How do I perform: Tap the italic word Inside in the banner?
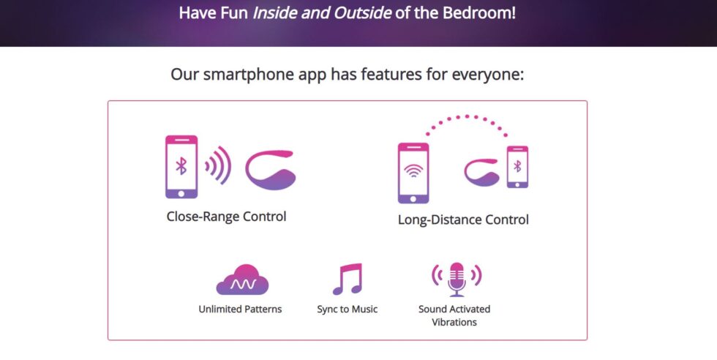pos(274,12)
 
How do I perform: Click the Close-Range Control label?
pos(226,217)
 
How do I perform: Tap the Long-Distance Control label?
pos(463,220)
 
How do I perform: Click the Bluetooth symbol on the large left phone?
pos(181,165)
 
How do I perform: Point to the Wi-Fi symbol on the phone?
pos(413,171)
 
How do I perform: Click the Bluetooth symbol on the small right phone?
pos(517,166)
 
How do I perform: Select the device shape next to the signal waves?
pos(270,170)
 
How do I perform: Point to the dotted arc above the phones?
pos(467,117)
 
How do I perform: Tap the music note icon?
pos(348,279)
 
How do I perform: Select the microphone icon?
pos(457,280)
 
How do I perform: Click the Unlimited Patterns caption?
pos(240,310)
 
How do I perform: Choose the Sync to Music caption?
pos(348,310)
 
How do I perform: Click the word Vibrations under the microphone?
pos(454,322)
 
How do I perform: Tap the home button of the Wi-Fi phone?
pos(413,199)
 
